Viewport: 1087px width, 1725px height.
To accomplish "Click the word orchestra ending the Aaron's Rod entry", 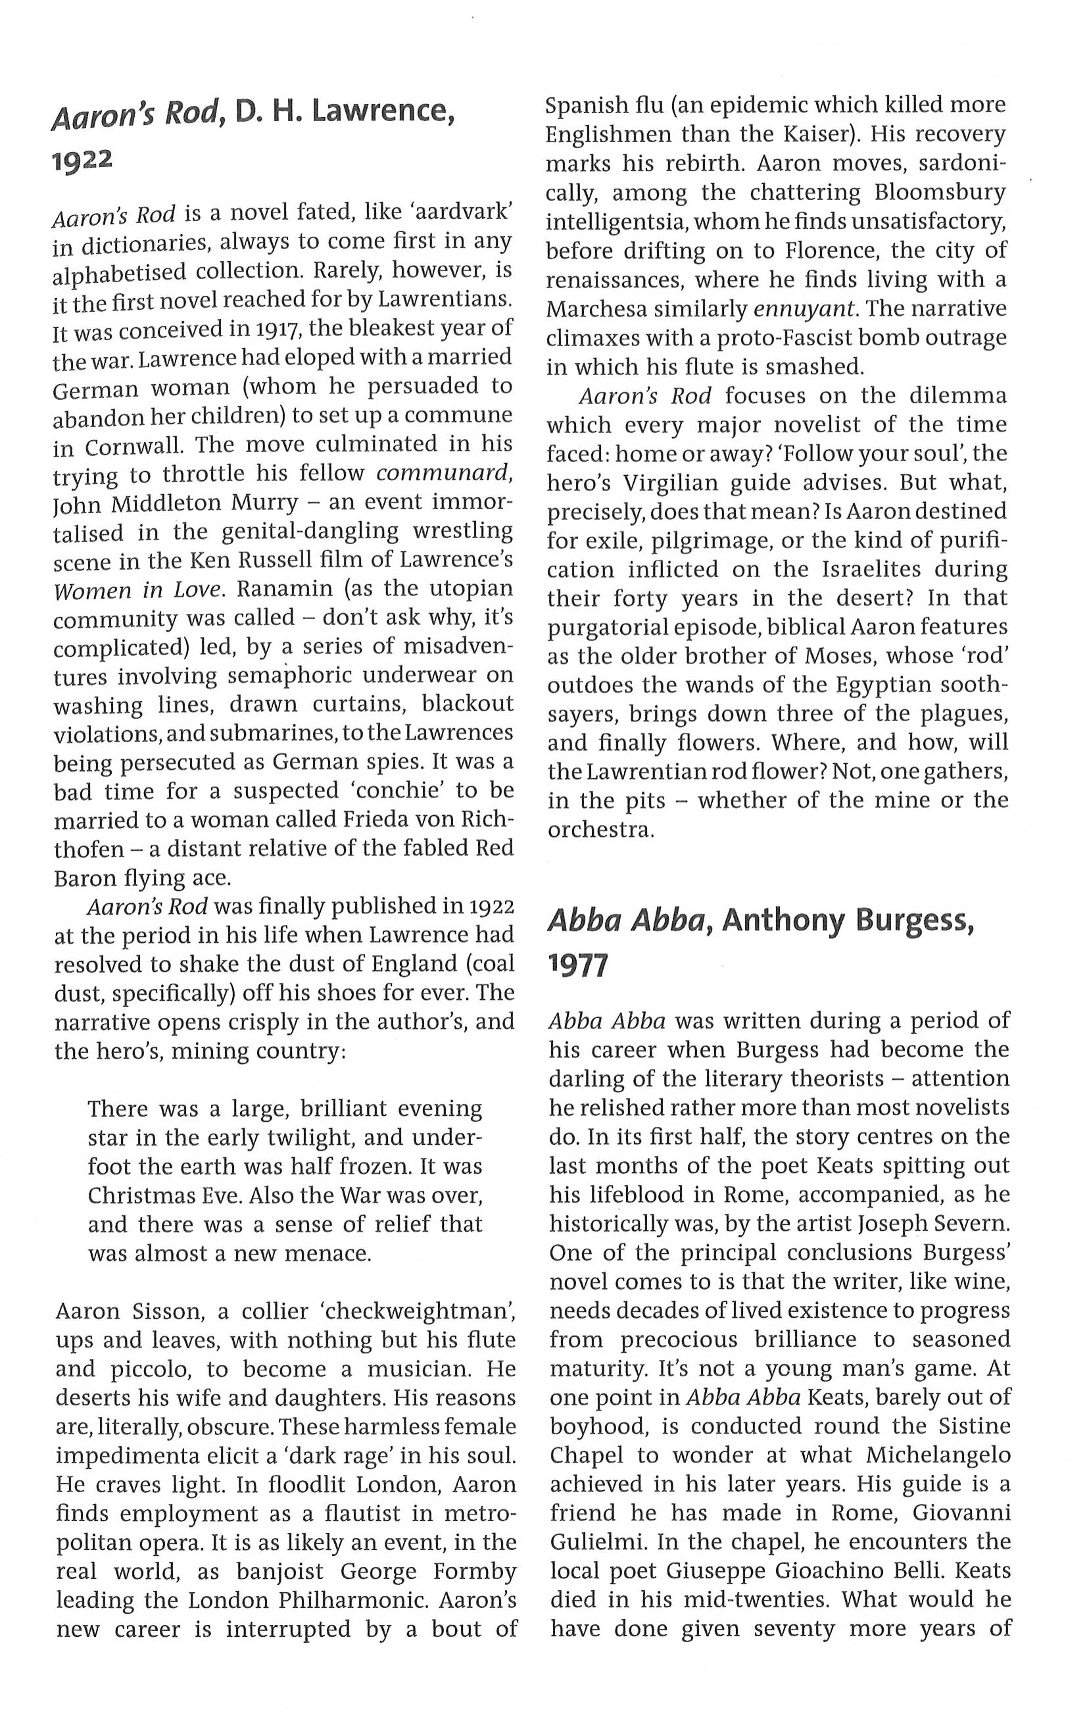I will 600,831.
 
